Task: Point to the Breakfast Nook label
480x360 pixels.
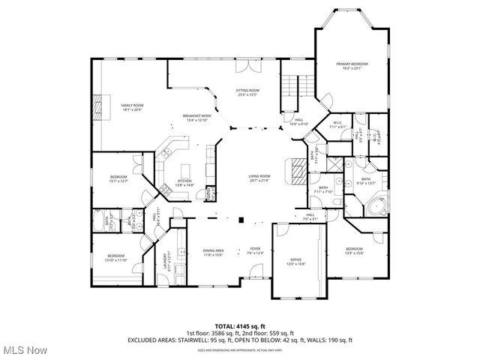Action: click(x=197, y=118)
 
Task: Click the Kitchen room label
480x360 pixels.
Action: click(x=184, y=182)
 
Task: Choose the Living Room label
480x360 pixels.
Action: click(x=259, y=178)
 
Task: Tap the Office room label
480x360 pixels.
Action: click(x=295, y=261)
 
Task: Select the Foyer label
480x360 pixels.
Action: click(x=255, y=250)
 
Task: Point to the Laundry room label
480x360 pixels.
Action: click(x=169, y=259)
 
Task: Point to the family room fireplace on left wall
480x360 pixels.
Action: click(x=97, y=107)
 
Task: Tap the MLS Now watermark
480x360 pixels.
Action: click(x=24, y=350)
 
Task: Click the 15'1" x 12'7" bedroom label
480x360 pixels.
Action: click(x=119, y=178)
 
